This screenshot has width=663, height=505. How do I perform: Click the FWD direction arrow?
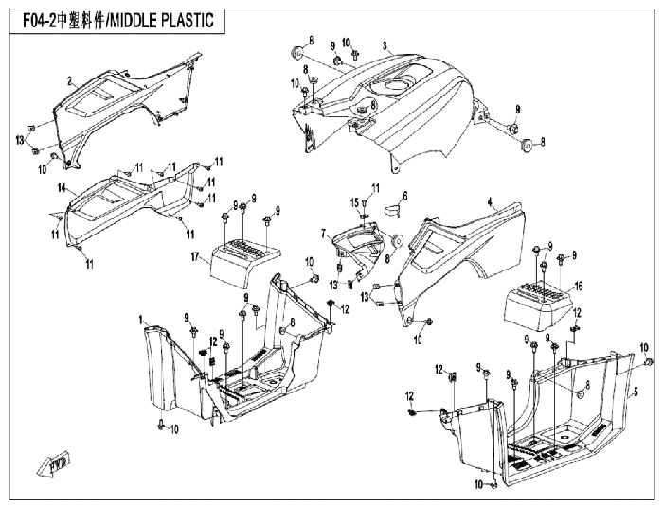(54, 462)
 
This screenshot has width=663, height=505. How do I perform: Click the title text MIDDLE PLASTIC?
(162, 21)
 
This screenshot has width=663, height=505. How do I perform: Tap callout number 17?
(195, 256)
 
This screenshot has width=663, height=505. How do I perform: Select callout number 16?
(579, 287)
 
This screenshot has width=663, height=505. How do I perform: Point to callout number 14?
(63, 188)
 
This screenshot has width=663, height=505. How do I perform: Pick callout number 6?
(405, 196)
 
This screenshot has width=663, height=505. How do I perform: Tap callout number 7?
(324, 233)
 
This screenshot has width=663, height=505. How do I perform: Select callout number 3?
(385, 45)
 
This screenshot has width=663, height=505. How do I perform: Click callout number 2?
(70, 80)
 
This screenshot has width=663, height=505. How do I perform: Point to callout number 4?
(490, 202)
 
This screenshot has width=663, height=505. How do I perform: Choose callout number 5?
(636, 392)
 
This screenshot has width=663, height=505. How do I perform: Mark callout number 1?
(141, 320)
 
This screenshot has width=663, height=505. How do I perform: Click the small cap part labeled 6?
(392, 209)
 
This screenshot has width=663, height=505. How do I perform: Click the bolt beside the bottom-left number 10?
(161, 425)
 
